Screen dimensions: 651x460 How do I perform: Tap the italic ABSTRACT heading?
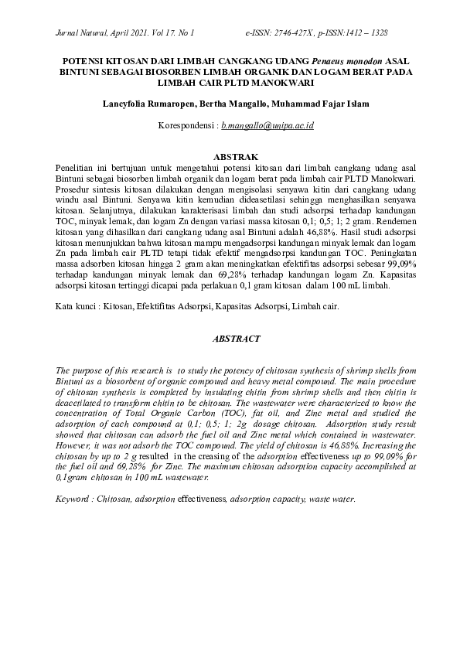(x=230, y=339)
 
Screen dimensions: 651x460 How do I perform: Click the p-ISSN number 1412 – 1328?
(x=367, y=34)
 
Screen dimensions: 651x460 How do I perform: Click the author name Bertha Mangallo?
(x=230, y=104)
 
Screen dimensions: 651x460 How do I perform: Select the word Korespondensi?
(x=186, y=124)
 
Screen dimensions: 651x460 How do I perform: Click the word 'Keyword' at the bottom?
(x=74, y=500)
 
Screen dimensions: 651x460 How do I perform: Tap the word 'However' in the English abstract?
(x=77, y=446)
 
